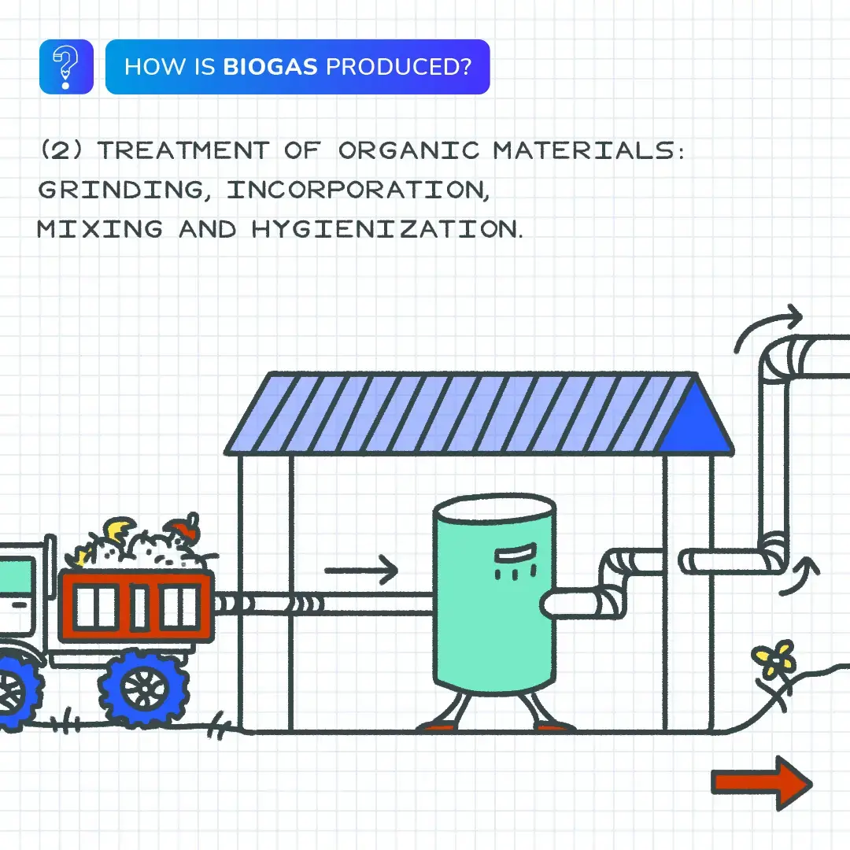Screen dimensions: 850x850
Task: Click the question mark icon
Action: point(66,67)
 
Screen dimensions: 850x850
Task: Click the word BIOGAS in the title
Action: point(271,67)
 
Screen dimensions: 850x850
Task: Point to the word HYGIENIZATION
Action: point(386,230)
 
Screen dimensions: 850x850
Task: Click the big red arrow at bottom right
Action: point(761,783)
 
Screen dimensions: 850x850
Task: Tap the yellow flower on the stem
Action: point(774,660)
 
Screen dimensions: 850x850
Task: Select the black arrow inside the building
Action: point(361,569)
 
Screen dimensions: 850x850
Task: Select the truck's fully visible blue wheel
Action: point(145,688)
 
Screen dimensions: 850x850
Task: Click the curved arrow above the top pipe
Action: point(767,327)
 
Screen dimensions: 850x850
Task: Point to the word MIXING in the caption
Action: point(99,230)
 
